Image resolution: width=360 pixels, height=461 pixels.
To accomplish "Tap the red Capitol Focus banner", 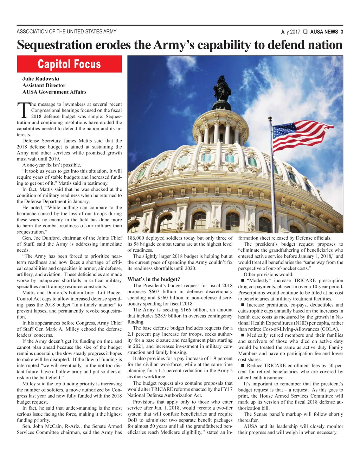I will click(69, 64).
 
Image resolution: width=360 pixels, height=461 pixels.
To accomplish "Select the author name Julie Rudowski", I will click(41, 78).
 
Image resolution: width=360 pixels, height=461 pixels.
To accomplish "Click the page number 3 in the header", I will click(342, 32).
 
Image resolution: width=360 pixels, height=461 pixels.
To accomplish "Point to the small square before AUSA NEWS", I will click(305, 32).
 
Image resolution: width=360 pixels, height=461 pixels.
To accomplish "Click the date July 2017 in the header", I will click(290, 32).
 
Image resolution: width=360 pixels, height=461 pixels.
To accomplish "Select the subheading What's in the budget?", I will click(154, 279).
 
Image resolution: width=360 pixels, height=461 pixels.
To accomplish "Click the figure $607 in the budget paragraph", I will click(155, 291).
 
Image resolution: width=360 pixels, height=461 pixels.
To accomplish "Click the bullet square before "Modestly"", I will click(242, 280).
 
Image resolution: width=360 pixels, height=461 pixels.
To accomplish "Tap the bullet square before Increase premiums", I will click(242, 305).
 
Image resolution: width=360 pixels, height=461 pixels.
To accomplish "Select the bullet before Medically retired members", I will click(242, 335).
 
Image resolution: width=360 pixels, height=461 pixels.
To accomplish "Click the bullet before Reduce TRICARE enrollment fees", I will click(242, 366).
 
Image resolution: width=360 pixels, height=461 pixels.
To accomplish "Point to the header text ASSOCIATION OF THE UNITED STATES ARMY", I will click(66, 32).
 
